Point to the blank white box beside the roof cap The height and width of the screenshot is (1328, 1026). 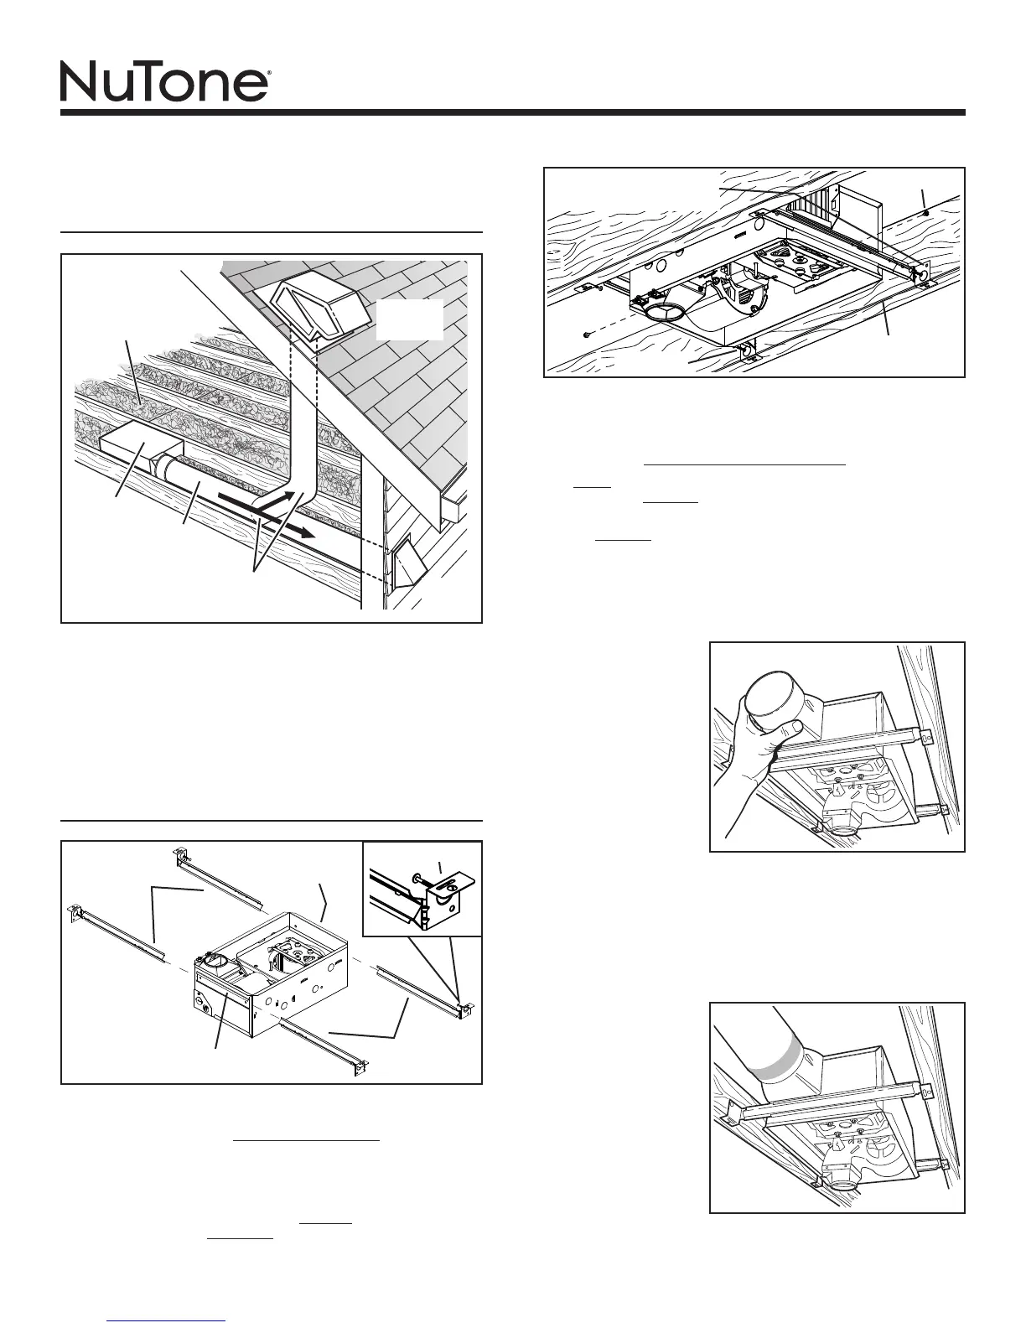point(409,319)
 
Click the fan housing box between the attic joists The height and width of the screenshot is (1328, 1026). point(137,453)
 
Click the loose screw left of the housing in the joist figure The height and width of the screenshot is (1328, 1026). point(586,335)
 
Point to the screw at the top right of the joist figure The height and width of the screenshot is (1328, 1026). point(924,212)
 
